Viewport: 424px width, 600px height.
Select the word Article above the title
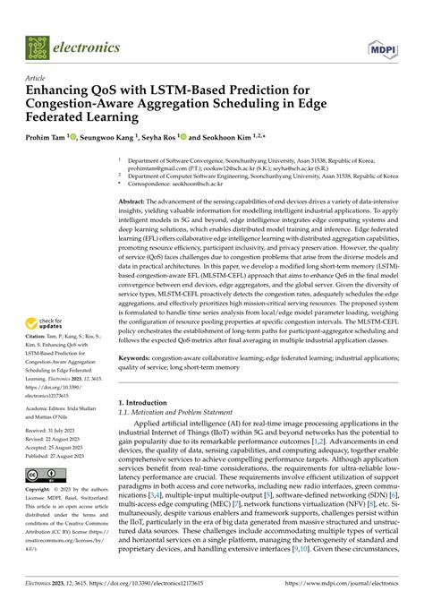tap(37, 78)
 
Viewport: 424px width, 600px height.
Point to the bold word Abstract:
tap(136, 203)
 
